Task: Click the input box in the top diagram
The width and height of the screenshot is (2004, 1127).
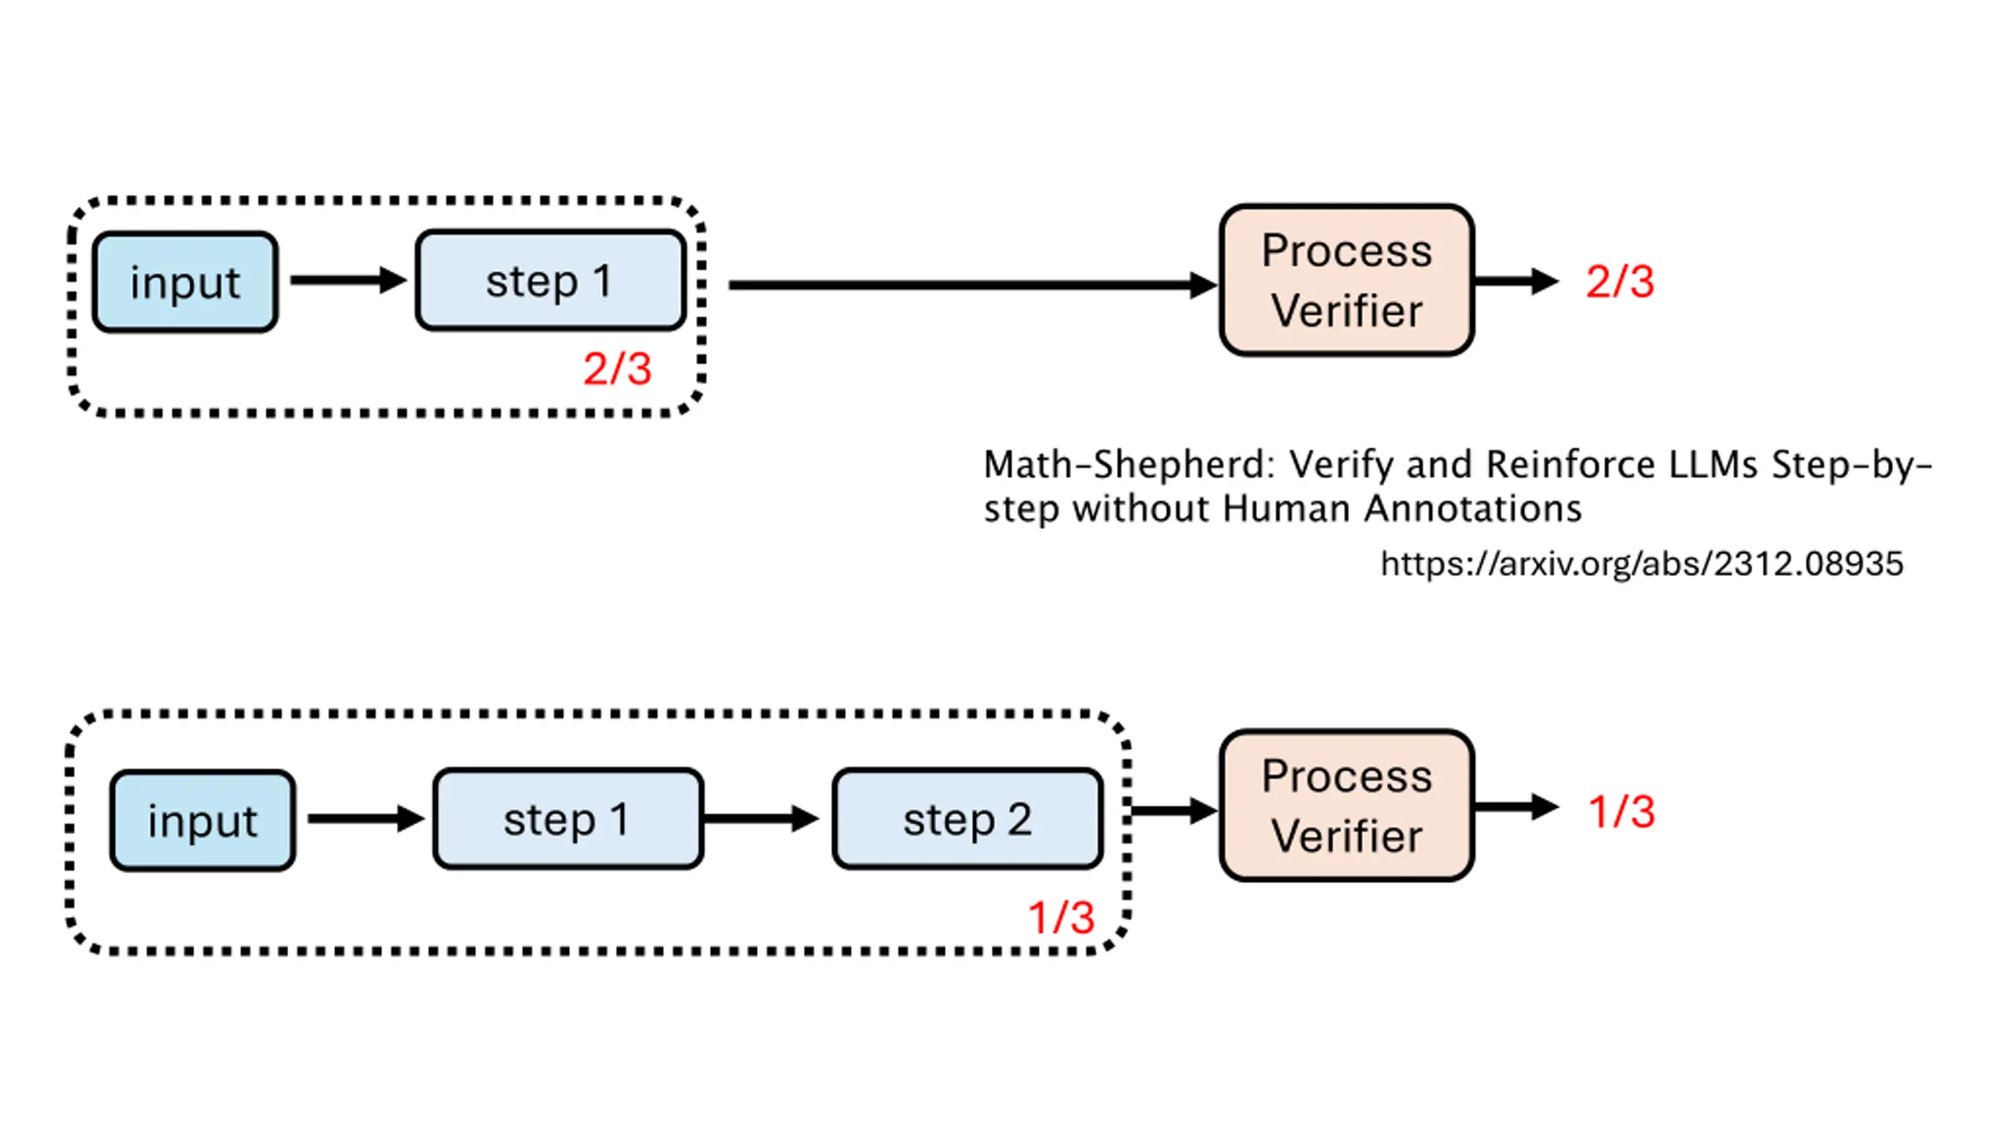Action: [186, 282]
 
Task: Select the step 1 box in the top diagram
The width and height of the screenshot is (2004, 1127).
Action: [551, 280]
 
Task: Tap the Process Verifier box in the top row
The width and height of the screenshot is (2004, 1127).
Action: [1347, 280]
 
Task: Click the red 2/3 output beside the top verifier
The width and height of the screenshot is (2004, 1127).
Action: [1620, 282]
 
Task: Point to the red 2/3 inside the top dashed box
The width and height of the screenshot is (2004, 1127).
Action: [617, 369]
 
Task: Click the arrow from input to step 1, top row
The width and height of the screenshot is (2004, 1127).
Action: [348, 280]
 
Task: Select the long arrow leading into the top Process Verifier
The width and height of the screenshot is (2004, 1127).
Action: [973, 285]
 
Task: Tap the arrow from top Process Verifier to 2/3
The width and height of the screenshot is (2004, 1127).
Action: [1517, 281]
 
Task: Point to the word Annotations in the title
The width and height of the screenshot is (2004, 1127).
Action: [1472, 509]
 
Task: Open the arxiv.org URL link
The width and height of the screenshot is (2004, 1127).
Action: [1642, 563]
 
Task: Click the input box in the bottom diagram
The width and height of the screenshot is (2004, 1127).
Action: [203, 820]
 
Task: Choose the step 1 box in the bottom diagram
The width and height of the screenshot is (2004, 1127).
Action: [568, 819]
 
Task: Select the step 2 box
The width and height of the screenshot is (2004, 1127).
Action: [968, 819]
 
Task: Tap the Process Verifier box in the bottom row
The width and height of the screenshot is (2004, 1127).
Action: [1347, 806]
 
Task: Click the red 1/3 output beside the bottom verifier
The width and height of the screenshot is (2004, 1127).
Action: [1621, 812]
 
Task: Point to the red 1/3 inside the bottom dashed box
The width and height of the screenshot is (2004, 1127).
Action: [1061, 917]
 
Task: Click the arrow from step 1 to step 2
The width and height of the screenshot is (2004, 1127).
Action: [762, 819]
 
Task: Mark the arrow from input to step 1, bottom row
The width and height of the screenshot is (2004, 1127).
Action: [366, 819]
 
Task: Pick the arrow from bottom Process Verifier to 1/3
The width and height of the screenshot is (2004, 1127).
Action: [1517, 807]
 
